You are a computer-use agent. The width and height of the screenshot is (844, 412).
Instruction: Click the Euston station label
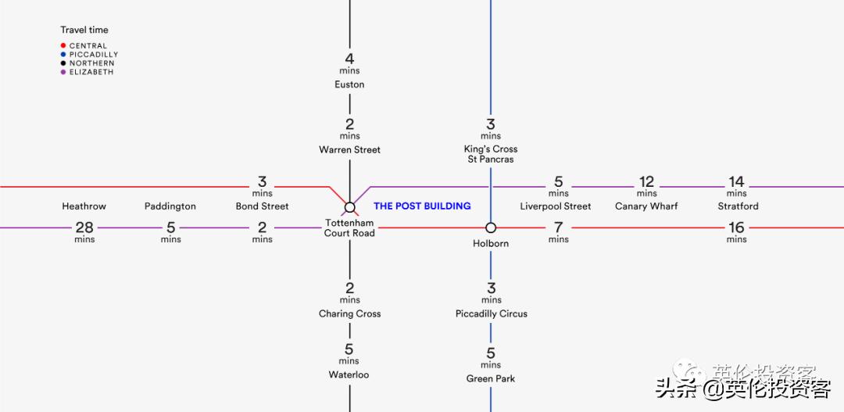tap(349, 84)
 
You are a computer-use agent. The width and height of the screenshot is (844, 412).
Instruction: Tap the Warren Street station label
tap(349, 150)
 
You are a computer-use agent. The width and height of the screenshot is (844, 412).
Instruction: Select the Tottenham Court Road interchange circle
tap(350, 207)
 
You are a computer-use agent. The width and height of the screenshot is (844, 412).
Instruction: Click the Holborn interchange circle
tap(491, 227)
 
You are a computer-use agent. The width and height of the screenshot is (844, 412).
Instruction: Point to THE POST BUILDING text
tap(422, 206)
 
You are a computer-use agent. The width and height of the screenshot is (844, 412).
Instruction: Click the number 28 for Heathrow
tap(84, 227)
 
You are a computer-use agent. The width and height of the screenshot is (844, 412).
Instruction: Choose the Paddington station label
tap(170, 206)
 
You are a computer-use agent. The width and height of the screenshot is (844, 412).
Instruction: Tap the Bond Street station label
tap(262, 206)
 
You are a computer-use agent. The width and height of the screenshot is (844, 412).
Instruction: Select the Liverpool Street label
tap(556, 206)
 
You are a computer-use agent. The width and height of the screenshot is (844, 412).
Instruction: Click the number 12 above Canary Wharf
tap(646, 181)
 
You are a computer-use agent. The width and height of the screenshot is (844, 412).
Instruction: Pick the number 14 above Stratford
tap(736, 181)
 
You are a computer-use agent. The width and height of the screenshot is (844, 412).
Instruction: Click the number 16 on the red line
tap(736, 227)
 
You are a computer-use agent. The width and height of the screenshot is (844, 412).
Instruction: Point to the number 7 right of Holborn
tap(558, 227)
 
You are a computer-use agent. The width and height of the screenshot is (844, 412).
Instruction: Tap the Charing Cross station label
tap(349, 313)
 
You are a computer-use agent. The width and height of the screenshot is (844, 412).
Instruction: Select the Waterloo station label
tap(349, 374)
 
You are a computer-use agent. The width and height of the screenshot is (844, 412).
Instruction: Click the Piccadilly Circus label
tap(492, 313)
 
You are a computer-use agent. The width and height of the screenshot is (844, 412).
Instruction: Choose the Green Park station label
tap(491, 378)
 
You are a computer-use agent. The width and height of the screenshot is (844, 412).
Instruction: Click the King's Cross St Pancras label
tap(491, 154)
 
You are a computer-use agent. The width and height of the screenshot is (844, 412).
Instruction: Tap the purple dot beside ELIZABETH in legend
tap(63, 72)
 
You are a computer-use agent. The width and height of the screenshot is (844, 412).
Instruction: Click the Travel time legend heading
tap(84, 30)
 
